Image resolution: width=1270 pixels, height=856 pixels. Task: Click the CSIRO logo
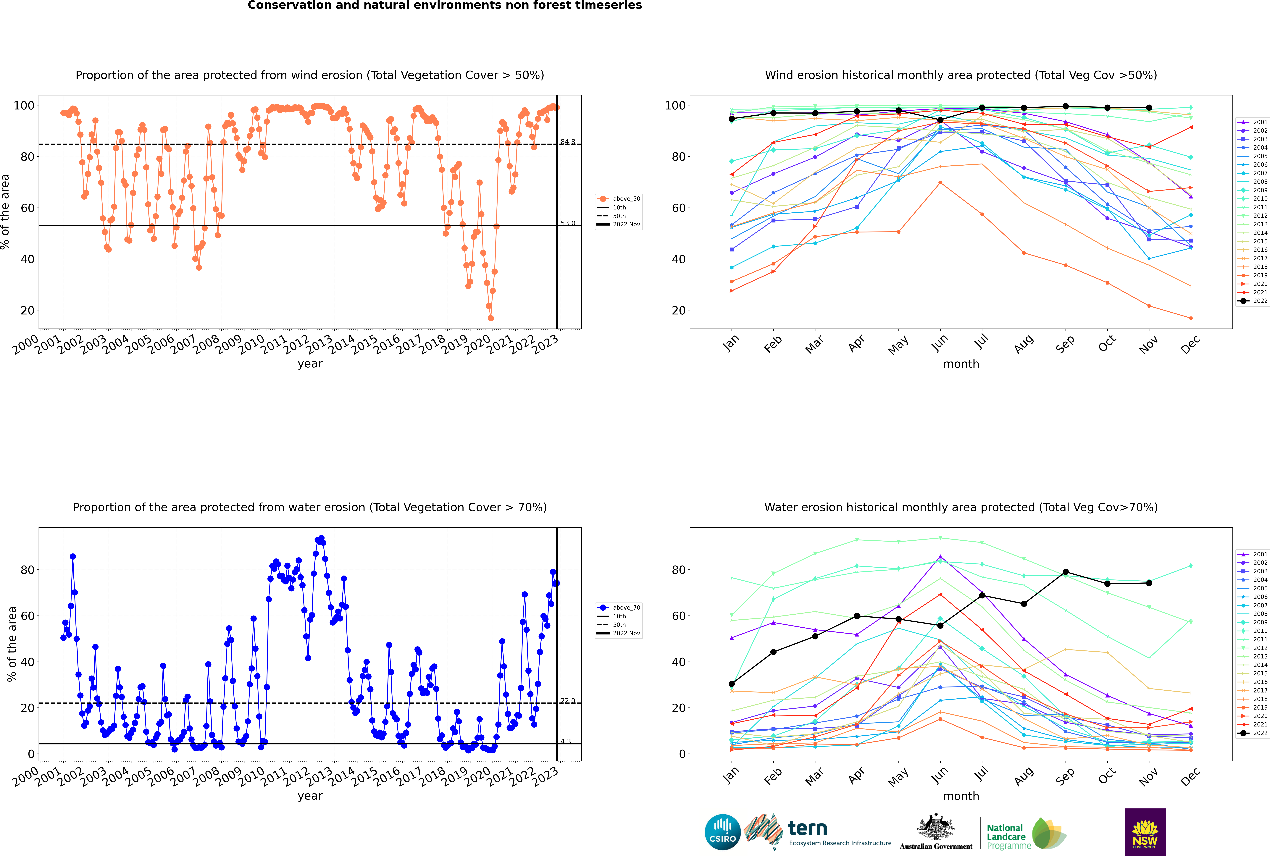click(x=722, y=833)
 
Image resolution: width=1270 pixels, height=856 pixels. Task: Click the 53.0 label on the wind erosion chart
click(x=568, y=223)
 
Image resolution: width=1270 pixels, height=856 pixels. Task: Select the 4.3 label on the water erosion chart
click(x=566, y=741)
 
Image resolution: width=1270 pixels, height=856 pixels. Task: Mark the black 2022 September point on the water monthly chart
click(x=1065, y=572)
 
